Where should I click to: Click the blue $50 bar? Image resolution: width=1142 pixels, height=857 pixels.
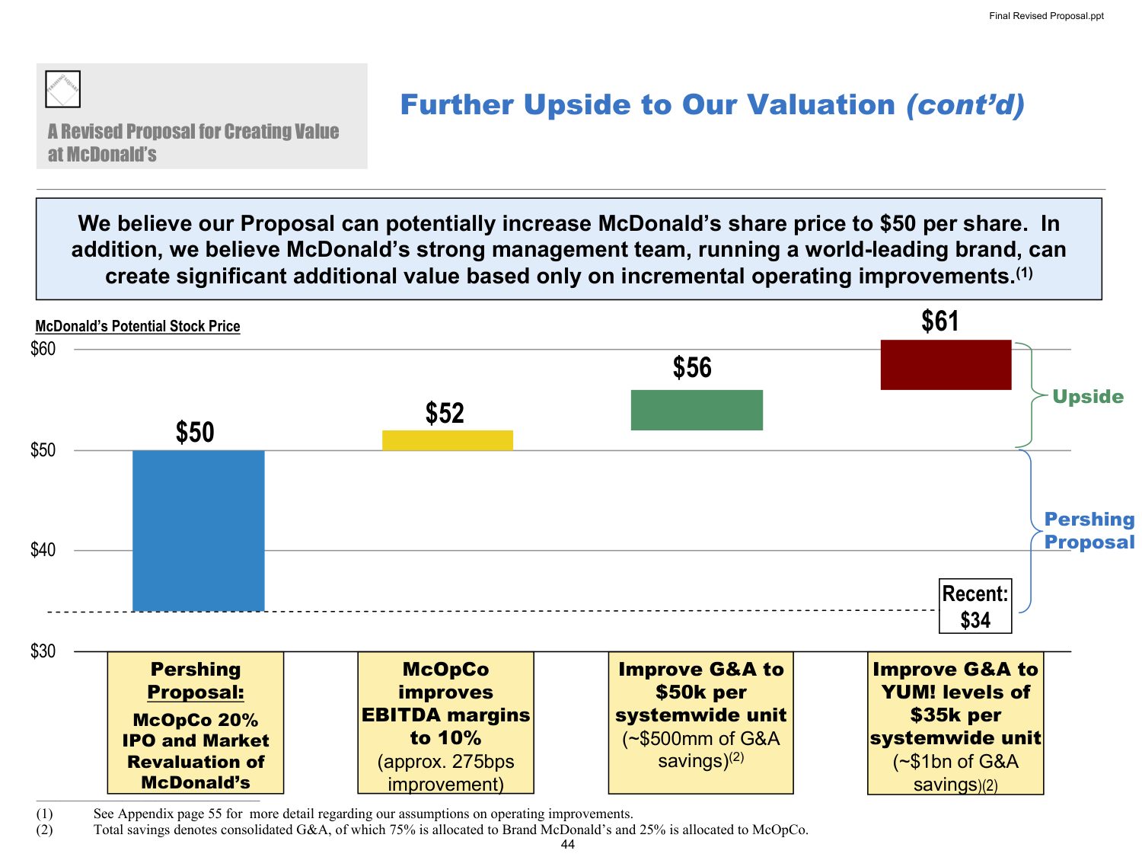[x=198, y=530]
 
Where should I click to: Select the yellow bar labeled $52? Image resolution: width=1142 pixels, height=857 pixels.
[x=448, y=440]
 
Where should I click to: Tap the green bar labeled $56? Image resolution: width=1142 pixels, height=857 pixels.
[x=697, y=410]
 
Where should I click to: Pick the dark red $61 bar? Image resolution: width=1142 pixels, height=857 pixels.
[x=946, y=365]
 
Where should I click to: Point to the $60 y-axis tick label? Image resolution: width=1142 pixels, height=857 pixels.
[x=43, y=349]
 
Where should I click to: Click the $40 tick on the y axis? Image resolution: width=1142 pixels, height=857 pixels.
[x=43, y=550]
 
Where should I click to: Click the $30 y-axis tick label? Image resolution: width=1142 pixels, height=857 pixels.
[x=43, y=651]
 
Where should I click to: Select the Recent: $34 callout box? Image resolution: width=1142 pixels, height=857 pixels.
[x=975, y=606]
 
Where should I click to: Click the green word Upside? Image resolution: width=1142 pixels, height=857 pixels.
[x=1087, y=397]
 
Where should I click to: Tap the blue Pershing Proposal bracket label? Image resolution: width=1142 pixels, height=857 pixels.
[x=1089, y=531]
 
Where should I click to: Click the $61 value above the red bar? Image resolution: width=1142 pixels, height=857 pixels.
[x=940, y=321]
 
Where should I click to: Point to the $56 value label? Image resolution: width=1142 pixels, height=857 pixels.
[x=692, y=368]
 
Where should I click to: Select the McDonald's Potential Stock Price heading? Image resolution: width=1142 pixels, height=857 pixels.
[x=138, y=327]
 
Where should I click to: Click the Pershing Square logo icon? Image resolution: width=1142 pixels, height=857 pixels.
[x=62, y=89]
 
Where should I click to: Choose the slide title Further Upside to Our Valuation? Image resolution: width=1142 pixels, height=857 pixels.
[x=712, y=105]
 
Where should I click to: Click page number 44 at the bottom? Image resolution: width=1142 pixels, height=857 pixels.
[x=568, y=845]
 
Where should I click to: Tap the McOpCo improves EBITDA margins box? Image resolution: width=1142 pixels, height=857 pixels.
[x=446, y=723]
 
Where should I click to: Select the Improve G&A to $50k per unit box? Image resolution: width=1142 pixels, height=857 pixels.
[x=700, y=723]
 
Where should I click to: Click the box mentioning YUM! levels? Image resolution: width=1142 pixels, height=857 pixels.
[x=955, y=723]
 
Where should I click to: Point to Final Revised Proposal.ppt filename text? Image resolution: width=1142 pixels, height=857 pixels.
[x=1046, y=16]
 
